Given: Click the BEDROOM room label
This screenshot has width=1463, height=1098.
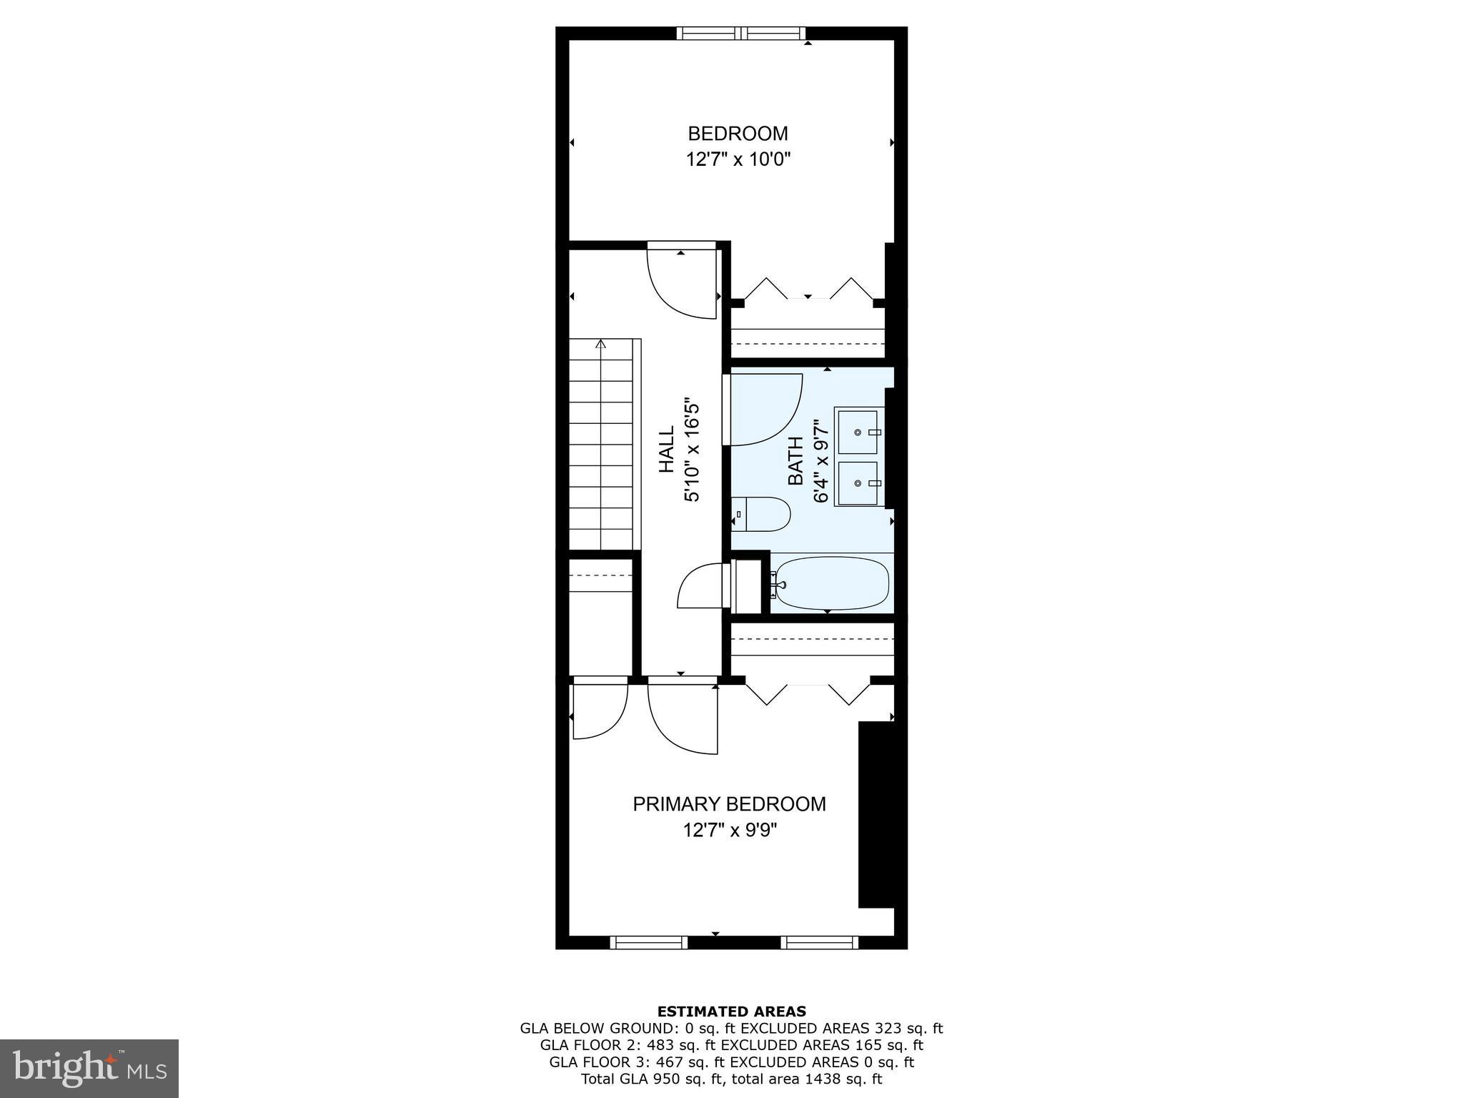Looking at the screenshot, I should [x=738, y=134].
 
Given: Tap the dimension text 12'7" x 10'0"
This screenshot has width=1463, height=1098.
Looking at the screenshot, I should [x=738, y=159].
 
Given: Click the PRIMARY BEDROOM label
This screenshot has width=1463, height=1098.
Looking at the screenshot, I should [x=729, y=804].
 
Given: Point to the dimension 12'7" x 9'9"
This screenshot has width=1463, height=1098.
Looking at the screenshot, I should [x=729, y=830].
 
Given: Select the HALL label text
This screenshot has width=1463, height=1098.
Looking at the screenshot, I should [x=666, y=450].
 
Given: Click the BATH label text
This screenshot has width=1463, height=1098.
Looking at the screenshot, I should [x=795, y=461].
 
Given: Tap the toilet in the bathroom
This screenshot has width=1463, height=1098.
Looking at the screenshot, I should [x=761, y=514].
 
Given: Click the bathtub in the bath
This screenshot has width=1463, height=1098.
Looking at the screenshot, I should [x=833, y=583].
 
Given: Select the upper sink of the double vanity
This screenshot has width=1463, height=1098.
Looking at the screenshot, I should [x=858, y=432].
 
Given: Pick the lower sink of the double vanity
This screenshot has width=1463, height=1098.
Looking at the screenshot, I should [x=858, y=484].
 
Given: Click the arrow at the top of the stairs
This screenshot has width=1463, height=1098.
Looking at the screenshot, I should [x=600, y=345].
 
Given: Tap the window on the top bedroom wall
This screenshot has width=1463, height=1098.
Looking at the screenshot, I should [x=741, y=33].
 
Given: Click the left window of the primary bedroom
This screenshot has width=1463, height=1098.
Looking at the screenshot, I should [x=648, y=943].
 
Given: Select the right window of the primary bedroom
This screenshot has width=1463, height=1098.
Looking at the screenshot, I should [x=819, y=943].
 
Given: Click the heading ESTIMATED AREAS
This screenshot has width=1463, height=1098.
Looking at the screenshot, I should [x=731, y=1012].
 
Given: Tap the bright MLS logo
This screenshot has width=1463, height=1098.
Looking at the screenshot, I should [x=89, y=1068].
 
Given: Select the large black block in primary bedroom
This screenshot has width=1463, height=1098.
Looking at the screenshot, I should [x=876, y=814].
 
